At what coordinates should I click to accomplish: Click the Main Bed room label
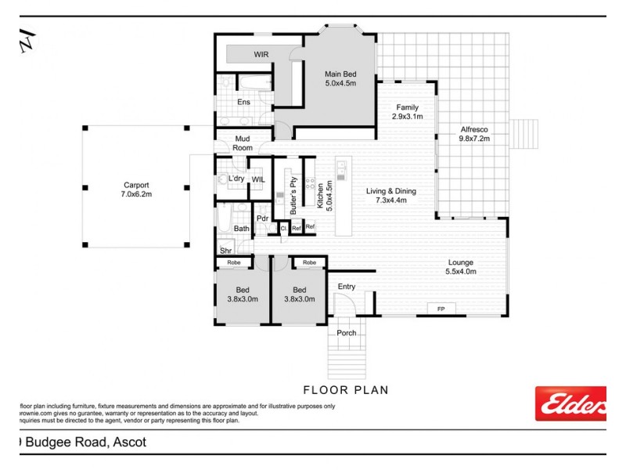point(340,78)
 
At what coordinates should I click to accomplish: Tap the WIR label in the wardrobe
point(261,55)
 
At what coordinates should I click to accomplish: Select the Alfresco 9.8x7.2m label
point(474,133)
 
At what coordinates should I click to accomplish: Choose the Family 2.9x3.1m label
point(407,112)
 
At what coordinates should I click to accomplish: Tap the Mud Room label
point(243,143)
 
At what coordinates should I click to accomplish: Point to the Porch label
point(346,333)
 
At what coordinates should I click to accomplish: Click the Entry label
point(346,287)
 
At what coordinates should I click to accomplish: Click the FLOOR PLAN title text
point(345,389)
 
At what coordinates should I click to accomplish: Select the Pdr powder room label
point(263,219)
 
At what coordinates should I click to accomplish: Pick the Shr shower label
point(225,251)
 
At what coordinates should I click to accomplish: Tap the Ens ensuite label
point(243,103)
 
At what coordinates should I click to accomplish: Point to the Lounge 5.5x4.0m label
point(461,267)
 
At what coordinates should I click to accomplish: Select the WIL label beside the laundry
point(258,179)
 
